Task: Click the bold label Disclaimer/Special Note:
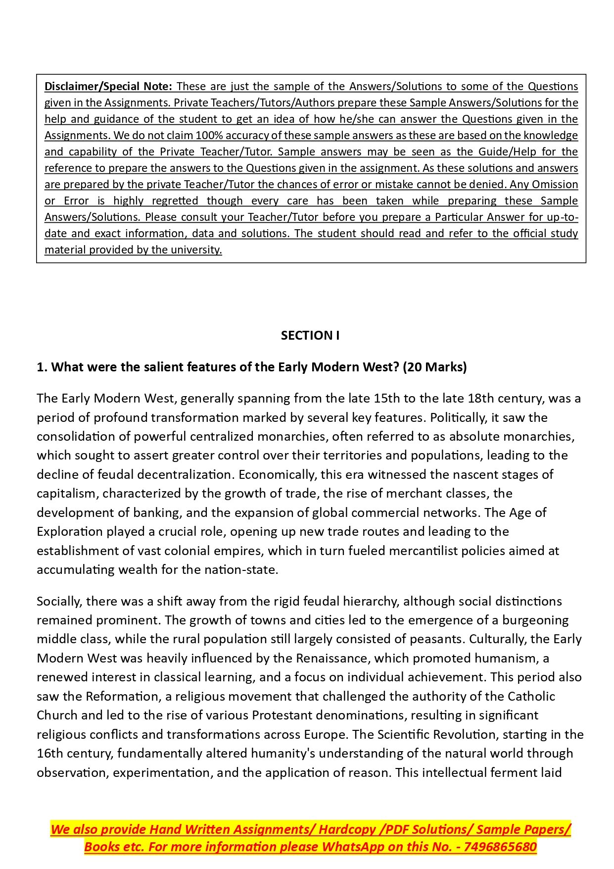tap(108, 86)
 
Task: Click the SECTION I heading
tap(310, 335)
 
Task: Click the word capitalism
tap(66, 493)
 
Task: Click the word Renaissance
tap(333, 658)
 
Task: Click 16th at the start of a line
tap(50, 753)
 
